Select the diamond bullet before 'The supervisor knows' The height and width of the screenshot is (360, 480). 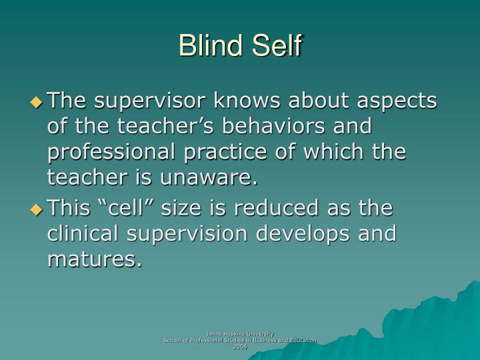coord(37,102)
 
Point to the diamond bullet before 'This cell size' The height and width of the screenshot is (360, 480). coord(37,209)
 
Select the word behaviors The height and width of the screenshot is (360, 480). coord(257,127)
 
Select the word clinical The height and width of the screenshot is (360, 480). coord(83,234)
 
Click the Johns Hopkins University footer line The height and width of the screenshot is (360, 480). coord(239,333)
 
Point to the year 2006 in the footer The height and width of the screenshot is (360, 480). coord(239,347)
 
